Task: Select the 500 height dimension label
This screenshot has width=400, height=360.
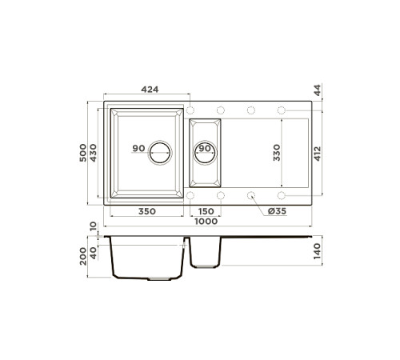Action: tap(83, 152)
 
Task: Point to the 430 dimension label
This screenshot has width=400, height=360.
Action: tap(94, 152)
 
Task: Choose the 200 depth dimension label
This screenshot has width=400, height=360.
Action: tap(83, 256)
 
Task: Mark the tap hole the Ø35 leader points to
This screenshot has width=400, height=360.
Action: tap(251, 194)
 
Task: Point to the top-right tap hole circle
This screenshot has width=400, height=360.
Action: tap(281, 110)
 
